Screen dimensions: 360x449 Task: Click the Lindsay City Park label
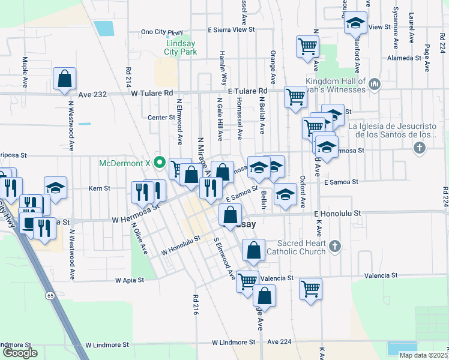181,47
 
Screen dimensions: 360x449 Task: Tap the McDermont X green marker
160,161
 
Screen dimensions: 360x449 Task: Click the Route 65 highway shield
50,296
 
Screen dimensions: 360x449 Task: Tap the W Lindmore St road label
107,345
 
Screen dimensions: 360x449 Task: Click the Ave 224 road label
279,341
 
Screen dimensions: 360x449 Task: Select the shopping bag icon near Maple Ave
64,79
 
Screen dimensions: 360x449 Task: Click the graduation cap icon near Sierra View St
355,23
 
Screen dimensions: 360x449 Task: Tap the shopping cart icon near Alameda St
307,46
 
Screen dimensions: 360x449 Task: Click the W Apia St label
130,280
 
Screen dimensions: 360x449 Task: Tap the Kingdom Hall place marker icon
375,84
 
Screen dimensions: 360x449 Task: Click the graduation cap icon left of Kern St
55,187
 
